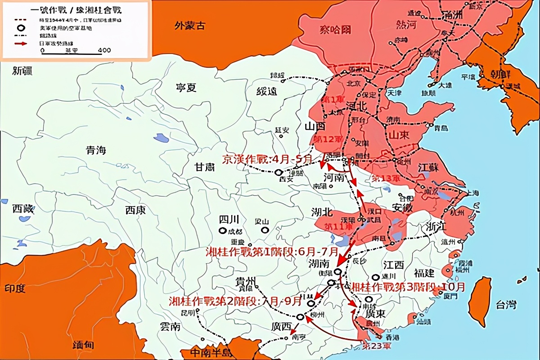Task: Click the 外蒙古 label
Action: point(189,26)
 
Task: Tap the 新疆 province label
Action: point(22,70)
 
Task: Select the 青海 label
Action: point(96,150)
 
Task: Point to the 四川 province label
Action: point(229,220)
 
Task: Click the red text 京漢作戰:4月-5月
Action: point(267,159)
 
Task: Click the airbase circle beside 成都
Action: point(223,231)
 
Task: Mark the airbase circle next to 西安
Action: point(279,172)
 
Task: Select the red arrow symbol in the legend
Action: point(20,43)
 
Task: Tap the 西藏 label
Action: point(22,209)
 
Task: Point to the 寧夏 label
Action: point(186,87)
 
